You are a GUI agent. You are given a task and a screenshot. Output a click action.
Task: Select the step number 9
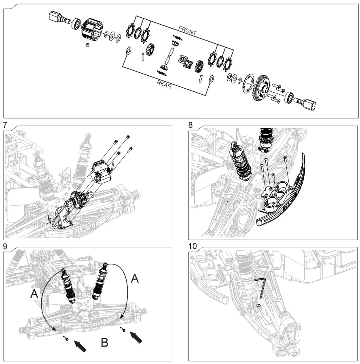pos(4,246)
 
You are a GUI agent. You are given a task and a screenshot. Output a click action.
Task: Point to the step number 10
pos(193,246)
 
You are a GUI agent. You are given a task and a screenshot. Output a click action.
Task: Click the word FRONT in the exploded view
pos(187,31)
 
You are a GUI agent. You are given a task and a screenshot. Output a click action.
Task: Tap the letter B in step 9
pos(104,343)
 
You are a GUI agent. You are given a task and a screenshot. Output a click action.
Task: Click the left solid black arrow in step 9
pos(81,346)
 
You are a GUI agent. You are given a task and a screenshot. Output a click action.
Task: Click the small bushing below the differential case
pos(88,44)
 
